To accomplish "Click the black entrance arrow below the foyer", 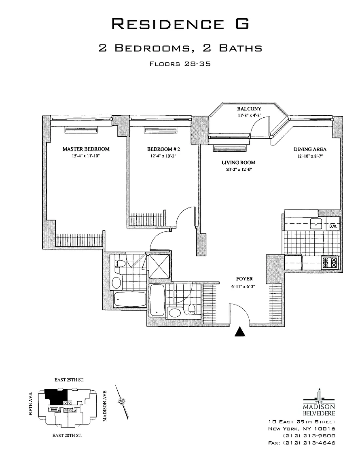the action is pos(241,332).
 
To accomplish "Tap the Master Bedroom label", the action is pos(86,149).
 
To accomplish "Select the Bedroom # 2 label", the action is pos(161,149).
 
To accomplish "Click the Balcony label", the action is pos(249,109).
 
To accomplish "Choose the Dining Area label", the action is pos(310,149).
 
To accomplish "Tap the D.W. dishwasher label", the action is pos(333,227).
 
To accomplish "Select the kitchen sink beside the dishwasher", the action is pos(316,224).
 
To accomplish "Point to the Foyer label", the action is pos(245,279).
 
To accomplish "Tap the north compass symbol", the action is pos(121,401).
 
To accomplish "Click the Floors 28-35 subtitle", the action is pos(180,64).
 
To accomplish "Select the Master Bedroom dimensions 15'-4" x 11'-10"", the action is pos(86,156).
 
